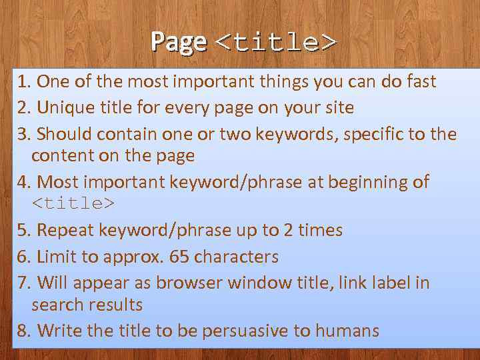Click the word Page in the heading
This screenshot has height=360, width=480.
point(178,42)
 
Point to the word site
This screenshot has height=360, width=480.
point(337,107)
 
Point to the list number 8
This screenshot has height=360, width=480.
point(25,330)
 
